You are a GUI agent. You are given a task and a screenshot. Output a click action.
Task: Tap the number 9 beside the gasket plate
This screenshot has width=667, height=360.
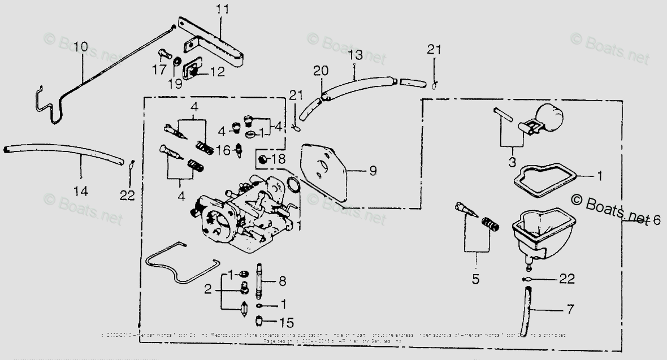click(373, 170)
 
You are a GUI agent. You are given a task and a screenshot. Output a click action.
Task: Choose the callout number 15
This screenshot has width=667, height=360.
click(287, 323)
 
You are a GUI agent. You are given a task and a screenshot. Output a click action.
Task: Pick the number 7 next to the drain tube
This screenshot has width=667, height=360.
click(569, 309)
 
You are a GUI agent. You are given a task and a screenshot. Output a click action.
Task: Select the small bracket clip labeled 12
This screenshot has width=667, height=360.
click(192, 71)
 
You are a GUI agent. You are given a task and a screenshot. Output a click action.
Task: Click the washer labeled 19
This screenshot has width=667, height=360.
click(176, 60)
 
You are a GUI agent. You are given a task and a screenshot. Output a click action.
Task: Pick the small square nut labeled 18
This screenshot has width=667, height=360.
click(262, 159)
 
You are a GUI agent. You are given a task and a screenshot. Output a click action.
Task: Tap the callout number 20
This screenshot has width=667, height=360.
click(320, 71)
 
